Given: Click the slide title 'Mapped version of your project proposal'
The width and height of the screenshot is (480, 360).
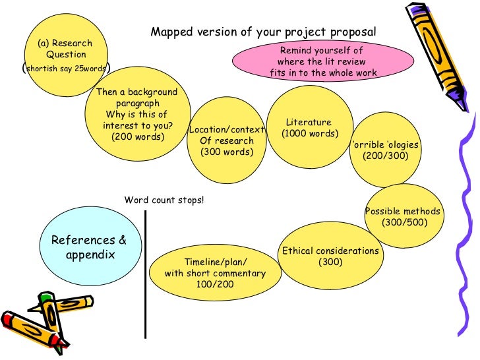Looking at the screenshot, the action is tap(263, 32).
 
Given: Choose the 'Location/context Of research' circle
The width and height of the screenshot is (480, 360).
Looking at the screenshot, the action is tap(226, 139).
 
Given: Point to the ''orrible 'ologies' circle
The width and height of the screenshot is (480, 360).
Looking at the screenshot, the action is tap(385, 150).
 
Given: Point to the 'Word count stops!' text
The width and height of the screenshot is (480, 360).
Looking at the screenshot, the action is tap(164, 200).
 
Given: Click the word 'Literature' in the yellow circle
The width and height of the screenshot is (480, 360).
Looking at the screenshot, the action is tap(309, 122).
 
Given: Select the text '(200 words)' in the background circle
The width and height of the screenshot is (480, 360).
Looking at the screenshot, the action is tap(138, 136).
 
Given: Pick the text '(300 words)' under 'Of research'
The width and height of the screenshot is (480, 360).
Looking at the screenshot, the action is tap(226, 152).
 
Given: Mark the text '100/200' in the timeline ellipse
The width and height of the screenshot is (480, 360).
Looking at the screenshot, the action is tap(214, 285).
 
